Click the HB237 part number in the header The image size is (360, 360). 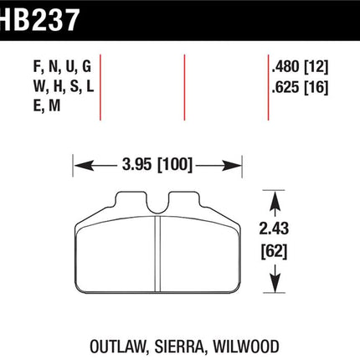pos(39,19)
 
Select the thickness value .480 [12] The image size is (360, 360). pos(300,67)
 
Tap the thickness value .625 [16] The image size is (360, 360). pos(300,87)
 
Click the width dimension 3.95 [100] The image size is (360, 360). pos(157,165)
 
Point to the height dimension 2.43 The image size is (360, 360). pos(274,229)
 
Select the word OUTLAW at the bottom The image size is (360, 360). pos(118,347)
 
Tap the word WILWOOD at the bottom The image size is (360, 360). pos(246,347)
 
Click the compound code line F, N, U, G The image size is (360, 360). pos(62,67)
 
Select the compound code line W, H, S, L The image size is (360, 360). pos(64,87)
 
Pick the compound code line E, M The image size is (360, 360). pos(47,106)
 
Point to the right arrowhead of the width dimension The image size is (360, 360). pos(231,166)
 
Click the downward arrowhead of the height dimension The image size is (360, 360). pos(275,283)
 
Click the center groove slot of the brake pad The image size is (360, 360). pos(157,254)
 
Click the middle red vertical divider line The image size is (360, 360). pos(184,87)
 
